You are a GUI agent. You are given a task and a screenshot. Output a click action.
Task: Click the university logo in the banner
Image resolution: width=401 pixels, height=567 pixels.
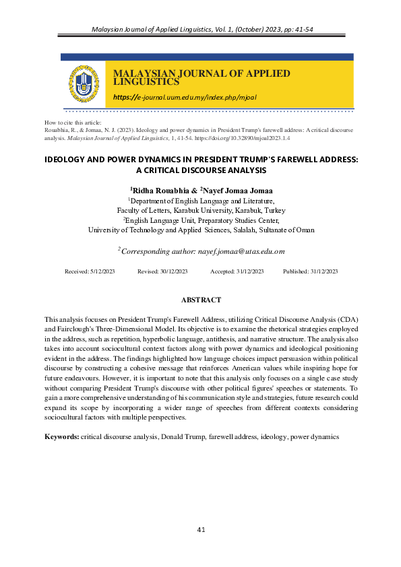click(82, 84)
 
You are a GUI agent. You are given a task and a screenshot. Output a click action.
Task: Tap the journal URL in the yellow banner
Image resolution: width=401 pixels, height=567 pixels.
click(185, 97)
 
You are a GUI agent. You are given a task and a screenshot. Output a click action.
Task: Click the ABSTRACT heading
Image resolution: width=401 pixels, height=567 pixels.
click(201, 299)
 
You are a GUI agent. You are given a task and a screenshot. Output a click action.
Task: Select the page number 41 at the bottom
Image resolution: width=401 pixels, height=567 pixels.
click(201, 530)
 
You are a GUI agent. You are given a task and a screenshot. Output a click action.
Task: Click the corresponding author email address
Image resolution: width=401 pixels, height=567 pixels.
click(241, 251)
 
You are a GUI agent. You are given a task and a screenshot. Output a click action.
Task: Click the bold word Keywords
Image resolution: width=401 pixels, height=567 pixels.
click(61, 436)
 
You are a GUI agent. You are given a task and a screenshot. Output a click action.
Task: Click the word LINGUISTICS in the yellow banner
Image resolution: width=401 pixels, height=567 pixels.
click(146, 82)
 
